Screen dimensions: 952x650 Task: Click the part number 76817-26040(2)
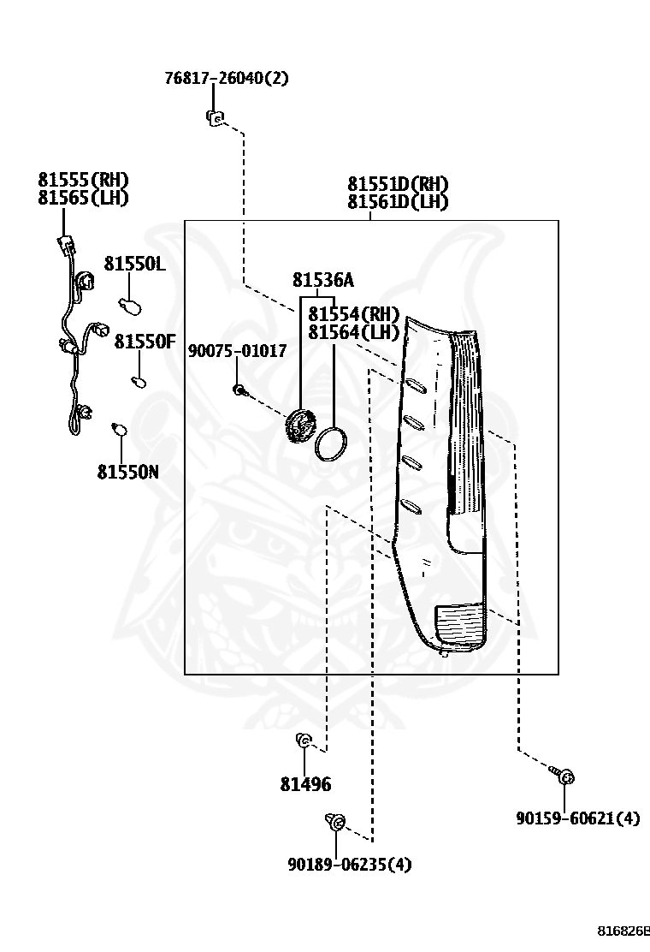point(227,79)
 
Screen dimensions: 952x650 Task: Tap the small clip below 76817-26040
point(214,118)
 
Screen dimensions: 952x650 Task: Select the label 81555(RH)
point(83,180)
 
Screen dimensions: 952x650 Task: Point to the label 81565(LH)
point(83,198)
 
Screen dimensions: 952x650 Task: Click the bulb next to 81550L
point(130,304)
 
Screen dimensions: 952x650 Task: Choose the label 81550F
point(145,342)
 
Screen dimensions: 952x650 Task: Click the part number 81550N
point(127,472)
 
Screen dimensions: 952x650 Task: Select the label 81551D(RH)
point(398,184)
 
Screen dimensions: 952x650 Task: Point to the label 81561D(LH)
point(398,202)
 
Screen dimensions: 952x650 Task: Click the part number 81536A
point(322,280)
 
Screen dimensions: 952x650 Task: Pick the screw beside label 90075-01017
point(239,390)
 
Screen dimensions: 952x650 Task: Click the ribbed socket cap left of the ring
point(299,425)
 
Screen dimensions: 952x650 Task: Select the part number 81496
point(305,784)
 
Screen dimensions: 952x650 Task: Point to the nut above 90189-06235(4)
point(335,824)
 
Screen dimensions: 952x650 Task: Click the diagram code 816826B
point(623,931)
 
